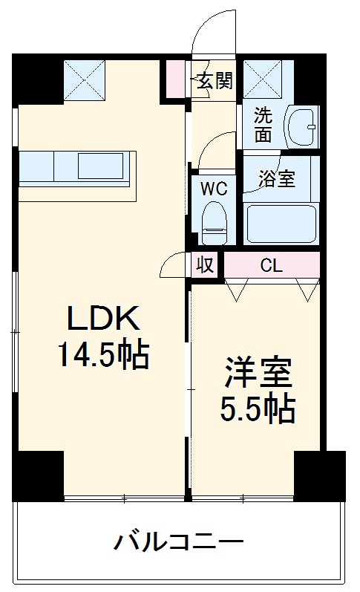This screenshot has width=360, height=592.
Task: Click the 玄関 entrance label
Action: [215, 80]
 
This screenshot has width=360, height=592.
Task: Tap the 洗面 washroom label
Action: [263, 126]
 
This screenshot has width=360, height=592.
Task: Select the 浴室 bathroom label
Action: [276, 180]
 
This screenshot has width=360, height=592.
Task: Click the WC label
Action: [214, 188]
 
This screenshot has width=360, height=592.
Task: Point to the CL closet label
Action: [271, 265]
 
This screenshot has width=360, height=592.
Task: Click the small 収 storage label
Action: [206, 265]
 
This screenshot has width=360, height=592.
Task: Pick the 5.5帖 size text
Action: [258, 408]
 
